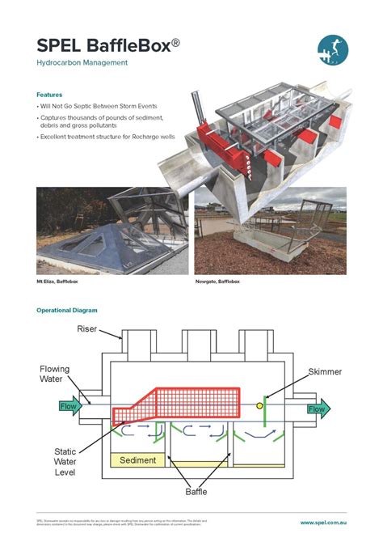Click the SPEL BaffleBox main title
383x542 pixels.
tap(104, 45)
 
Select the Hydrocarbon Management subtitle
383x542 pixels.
tap(82, 63)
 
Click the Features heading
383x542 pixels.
tap(52, 95)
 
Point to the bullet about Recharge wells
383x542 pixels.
tap(101, 138)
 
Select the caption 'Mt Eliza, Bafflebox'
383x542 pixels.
tap(58, 282)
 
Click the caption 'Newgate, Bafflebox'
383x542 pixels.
tap(217, 282)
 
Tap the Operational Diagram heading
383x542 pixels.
tap(67, 310)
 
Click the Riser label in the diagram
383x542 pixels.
tap(87, 328)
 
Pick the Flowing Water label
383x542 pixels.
tap(55, 375)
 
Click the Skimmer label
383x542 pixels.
tap(325, 372)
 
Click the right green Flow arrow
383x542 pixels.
tap(318, 409)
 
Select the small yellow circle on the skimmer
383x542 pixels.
tap(259, 404)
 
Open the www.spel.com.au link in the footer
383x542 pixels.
tap(323, 523)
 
